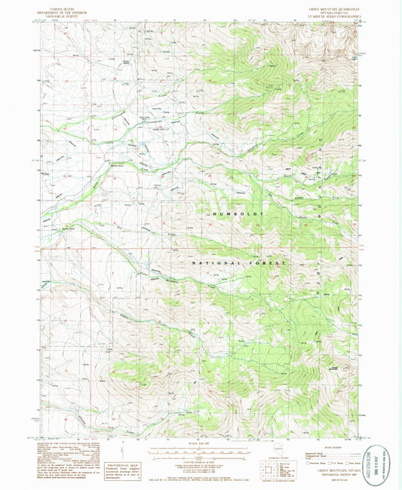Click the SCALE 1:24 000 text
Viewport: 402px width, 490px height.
[201, 444]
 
